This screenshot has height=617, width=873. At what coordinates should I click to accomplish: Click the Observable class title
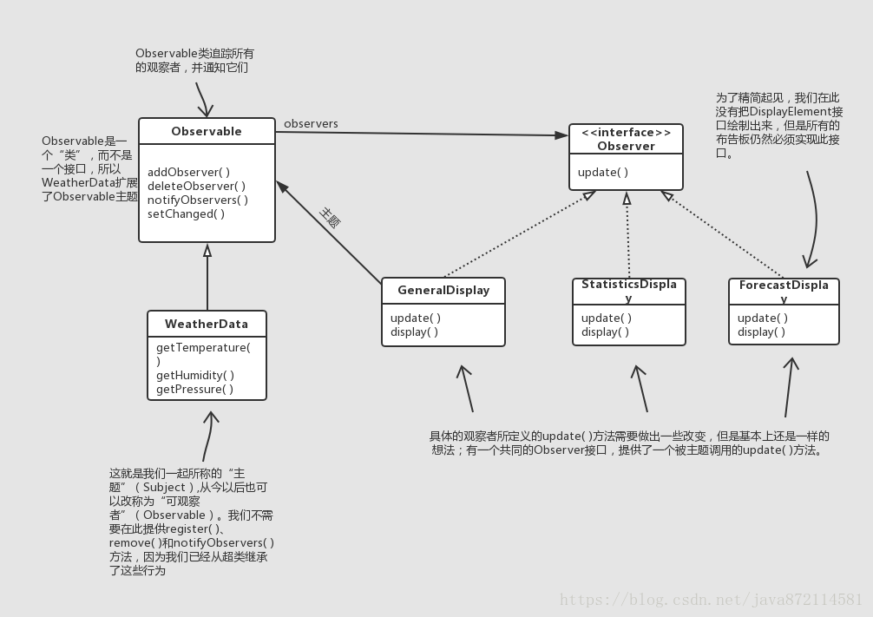coord(207,131)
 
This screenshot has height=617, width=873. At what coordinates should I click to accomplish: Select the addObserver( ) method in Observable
coord(188,172)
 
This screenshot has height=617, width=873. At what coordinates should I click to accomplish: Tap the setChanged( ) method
coord(186,213)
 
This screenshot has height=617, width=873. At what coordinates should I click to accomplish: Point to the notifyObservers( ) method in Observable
coord(198,200)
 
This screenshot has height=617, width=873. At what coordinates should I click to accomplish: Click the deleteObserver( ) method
coord(196,186)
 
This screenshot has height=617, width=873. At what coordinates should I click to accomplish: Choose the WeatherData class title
coord(207,324)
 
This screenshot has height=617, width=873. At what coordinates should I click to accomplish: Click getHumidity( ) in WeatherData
coord(195,375)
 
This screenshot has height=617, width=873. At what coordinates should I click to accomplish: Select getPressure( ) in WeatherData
coord(195,389)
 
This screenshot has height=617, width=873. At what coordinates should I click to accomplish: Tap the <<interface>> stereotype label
coord(626,133)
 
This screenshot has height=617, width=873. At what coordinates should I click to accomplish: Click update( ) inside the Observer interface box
coord(603,172)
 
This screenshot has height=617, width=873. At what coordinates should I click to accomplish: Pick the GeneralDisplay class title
coord(443,290)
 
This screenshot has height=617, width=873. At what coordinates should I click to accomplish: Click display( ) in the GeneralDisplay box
coord(414,331)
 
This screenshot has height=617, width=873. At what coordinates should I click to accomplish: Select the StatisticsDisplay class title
coord(629,290)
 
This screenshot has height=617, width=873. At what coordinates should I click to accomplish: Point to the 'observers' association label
coord(311,123)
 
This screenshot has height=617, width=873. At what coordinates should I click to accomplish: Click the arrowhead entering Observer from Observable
coord(562,135)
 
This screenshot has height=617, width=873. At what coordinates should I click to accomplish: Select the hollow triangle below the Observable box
coord(207,250)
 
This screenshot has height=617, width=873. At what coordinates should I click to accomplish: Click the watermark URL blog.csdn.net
coord(710,599)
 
